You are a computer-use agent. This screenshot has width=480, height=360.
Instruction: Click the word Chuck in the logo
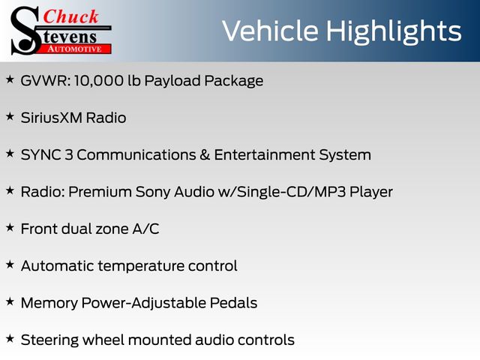(x=70, y=16)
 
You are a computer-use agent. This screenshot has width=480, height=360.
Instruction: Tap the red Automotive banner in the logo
(x=75, y=49)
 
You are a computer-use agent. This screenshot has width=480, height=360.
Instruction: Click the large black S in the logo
(x=25, y=31)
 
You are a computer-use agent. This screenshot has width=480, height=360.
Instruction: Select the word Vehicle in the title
(x=270, y=31)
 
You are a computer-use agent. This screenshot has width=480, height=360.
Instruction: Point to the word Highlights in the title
(x=393, y=32)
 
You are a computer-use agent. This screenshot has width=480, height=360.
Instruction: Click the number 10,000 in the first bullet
(x=98, y=81)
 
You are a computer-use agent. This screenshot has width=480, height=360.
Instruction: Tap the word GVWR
(x=45, y=81)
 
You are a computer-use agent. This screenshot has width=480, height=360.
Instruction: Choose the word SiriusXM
(x=51, y=118)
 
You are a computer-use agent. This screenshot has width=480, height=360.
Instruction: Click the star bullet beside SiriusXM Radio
(x=10, y=117)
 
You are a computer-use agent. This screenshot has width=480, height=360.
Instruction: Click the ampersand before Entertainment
(x=205, y=155)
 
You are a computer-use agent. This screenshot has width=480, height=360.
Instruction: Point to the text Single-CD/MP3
(x=292, y=192)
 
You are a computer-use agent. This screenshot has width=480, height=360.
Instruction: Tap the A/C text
(x=145, y=229)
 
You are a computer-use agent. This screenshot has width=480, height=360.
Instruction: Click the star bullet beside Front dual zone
(x=10, y=228)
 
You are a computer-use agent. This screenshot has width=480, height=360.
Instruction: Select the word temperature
(x=141, y=266)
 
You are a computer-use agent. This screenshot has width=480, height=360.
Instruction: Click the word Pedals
(x=233, y=303)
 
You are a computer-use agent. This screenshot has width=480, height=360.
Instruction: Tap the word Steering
(x=49, y=340)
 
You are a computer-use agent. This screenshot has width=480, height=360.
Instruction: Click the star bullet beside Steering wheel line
(x=10, y=339)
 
